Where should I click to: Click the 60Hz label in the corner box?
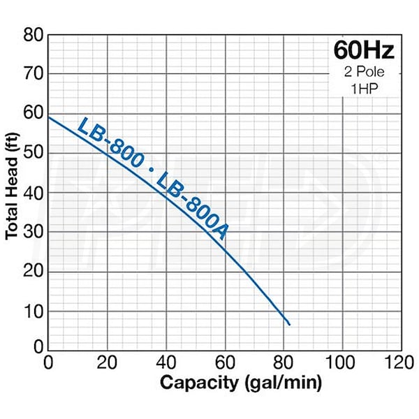(363, 51)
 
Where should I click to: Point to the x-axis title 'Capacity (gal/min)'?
(241, 383)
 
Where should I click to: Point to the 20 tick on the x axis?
(107, 363)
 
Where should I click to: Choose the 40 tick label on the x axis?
(166, 363)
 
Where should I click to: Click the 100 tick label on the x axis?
(342, 363)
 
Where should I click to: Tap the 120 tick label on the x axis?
(400, 363)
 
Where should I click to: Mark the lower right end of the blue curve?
(289, 325)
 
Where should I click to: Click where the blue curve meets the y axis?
(48, 117)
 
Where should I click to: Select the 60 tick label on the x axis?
(225, 363)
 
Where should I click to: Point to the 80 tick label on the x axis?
(284, 363)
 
